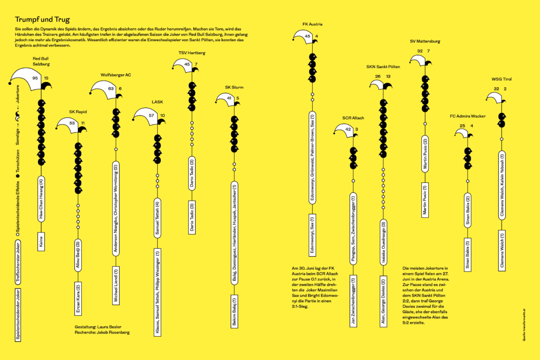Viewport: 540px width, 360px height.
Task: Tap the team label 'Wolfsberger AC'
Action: click(115, 75)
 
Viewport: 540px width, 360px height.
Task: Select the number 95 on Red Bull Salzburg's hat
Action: click(35, 77)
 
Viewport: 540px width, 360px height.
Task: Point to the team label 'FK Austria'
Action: click(312, 24)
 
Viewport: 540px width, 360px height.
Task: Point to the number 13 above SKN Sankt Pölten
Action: click(388, 76)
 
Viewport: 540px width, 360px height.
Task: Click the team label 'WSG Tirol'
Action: click(502, 79)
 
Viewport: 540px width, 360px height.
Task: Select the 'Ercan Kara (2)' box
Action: click(78, 298)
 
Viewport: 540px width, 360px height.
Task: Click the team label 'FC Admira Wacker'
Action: click(468, 116)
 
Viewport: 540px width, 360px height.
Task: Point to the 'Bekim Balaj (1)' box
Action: click(234, 312)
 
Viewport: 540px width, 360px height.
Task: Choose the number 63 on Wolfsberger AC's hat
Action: click(111, 89)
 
